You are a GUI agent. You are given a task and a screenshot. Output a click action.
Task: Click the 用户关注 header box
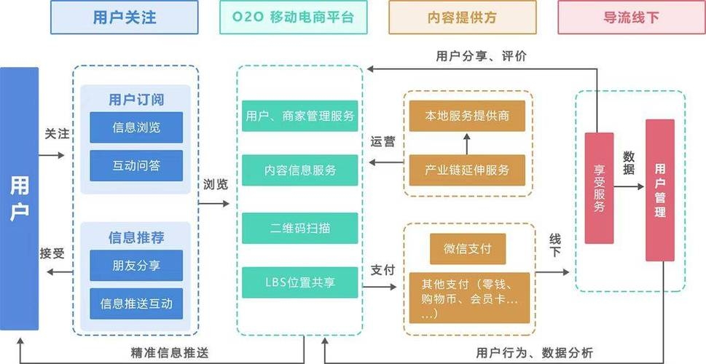coord(124,17)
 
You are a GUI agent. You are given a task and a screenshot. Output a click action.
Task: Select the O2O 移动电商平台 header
coord(293,17)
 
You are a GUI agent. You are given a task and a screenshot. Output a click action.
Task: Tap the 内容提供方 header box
coord(462,17)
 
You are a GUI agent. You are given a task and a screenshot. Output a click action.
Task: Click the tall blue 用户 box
coord(20,198)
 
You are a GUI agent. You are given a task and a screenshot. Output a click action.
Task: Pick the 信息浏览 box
coord(136,127)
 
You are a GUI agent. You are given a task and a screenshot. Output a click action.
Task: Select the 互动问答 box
coord(136,165)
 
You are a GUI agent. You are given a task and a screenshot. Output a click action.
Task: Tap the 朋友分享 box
coord(136,265)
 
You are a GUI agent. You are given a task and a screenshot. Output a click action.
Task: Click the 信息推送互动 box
coord(136,304)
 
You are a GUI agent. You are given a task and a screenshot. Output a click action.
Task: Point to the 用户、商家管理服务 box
coord(299,116)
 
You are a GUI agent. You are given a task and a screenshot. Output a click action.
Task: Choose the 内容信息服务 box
coord(299,170)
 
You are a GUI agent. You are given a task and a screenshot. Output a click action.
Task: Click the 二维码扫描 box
coord(299,228)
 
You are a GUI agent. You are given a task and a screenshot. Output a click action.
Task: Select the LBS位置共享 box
coord(299,282)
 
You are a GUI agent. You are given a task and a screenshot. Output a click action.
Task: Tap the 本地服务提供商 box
coord(467,116)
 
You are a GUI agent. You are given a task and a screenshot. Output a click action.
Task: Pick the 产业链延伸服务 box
coord(467,170)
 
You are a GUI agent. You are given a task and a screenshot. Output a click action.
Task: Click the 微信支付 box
coord(467,249)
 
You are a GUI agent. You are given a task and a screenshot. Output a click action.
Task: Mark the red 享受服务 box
coord(599,188)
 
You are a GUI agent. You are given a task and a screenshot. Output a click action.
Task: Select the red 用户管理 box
coord(659,189)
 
